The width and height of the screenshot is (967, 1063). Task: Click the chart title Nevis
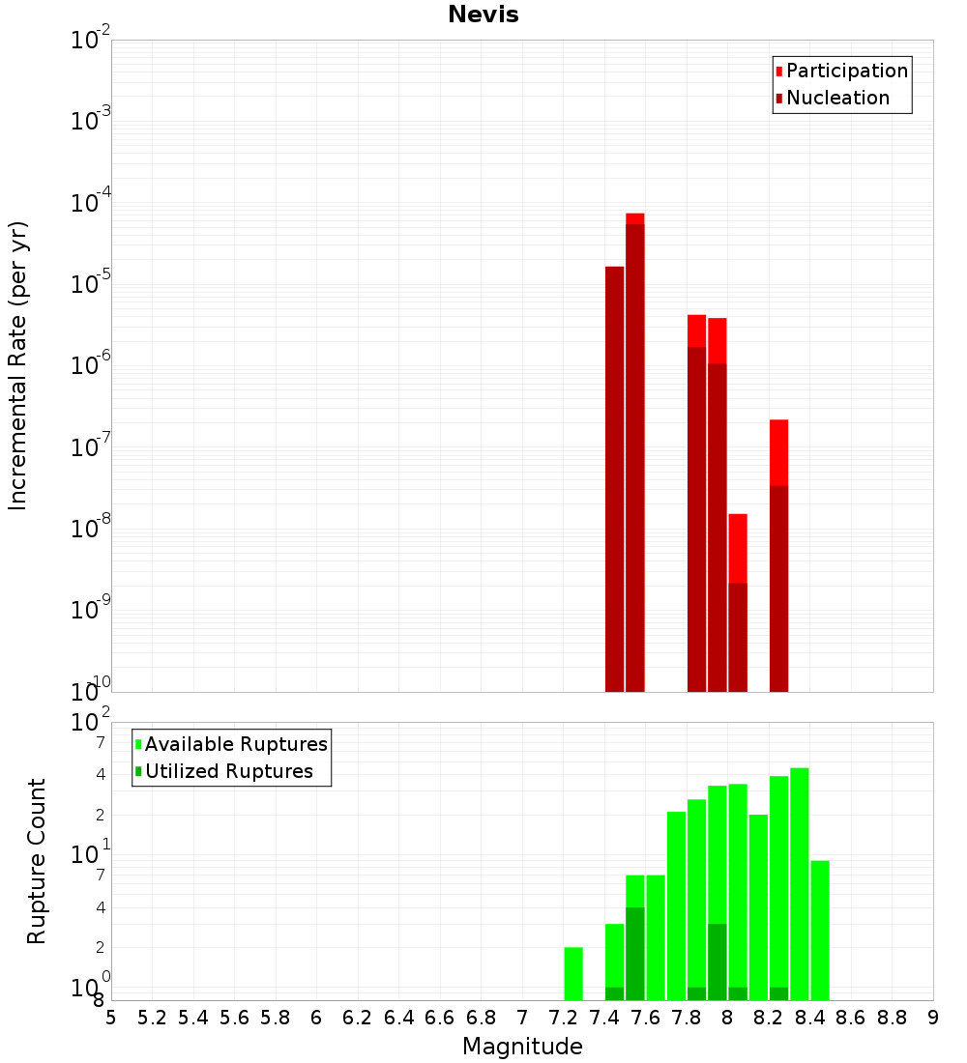point(483,14)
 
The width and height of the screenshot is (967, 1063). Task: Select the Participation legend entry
point(847,71)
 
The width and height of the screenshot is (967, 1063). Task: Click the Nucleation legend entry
point(837,98)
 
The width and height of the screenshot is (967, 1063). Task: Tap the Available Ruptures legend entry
point(236,744)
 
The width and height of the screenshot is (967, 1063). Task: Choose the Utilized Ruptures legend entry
point(228,771)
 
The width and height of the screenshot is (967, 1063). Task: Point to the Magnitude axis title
point(522,1047)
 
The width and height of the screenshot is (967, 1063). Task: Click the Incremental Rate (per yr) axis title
point(17,365)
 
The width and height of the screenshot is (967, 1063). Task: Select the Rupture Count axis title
point(37,861)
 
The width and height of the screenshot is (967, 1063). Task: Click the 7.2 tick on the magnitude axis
point(563,1018)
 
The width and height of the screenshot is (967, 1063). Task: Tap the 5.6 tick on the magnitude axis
point(234,1018)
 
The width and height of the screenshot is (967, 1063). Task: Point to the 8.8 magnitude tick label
point(892,1018)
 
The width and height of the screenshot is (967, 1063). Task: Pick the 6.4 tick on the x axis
point(398,1018)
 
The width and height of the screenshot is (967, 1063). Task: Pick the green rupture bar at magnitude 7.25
point(573,973)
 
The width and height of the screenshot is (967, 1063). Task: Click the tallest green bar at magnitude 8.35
point(800,883)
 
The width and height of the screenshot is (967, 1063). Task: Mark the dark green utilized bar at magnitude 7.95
point(718,962)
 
